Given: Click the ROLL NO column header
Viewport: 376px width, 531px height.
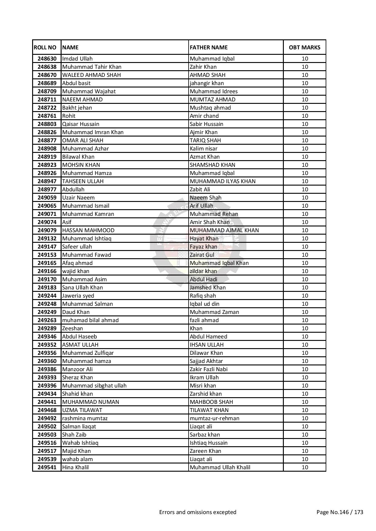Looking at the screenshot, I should [x=45, y=48].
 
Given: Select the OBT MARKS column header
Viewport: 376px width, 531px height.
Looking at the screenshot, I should [x=304, y=48].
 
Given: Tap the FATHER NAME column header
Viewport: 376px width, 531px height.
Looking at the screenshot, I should [x=209, y=48].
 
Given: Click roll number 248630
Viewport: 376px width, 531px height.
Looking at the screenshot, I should [x=47, y=59].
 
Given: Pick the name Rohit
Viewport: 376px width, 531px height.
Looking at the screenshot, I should [x=69, y=116].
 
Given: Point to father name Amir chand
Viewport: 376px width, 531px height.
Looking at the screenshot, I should [x=204, y=116].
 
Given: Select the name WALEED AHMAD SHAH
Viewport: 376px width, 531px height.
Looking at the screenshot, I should [x=91, y=75].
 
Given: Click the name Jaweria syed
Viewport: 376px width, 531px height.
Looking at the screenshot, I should [x=78, y=296].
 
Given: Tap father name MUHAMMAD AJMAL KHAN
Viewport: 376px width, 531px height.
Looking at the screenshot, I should [x=224, y=230].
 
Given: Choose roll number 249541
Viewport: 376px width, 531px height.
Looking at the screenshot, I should [x=47, y=467].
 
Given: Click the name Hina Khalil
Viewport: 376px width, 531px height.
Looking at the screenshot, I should [x=76, y=467].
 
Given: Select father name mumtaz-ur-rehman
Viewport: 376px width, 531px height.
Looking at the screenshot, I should [x=214, y=418].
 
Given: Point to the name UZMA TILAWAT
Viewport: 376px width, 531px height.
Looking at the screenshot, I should [x=82, y=410].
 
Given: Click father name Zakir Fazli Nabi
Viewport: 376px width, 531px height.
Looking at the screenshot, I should [x=209, y=369].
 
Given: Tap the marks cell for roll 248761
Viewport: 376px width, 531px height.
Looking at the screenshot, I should [x=304, y=116].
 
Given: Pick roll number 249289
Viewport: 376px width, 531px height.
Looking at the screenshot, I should [x=47, y=328].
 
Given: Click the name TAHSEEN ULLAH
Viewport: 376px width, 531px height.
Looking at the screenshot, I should [x=83, y=181].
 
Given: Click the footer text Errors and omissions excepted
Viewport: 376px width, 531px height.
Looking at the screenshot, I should [x=198, y=512].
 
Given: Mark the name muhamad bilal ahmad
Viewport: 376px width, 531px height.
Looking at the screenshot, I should [x=90, y=320].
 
